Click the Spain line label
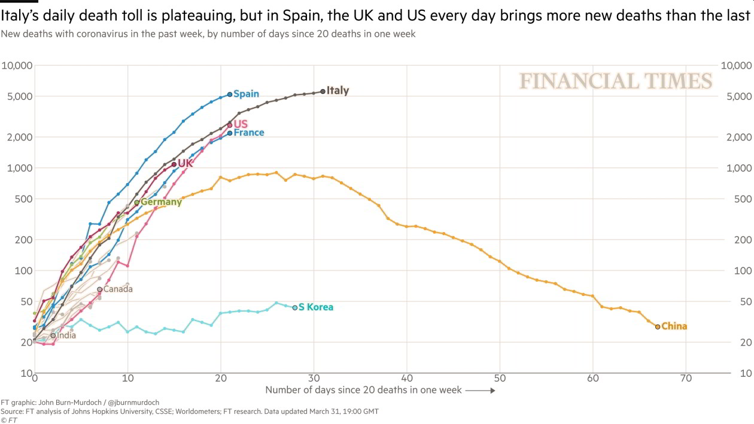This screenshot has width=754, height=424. click(x=246, y=94)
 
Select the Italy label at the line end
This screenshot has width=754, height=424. click(x=338, y=91)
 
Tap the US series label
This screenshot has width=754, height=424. click(x=241, y=124)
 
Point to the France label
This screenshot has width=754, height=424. click(x=248, y=133)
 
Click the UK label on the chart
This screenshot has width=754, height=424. click(x=186, y=163)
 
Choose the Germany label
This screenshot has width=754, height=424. click(x=161, y=202)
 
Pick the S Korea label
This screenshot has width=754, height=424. click(x=316, y=307)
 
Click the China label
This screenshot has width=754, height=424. click(x=674, y=327)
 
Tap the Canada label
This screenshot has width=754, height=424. click(x=118, y=289)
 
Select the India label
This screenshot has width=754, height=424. click(x=66, y=335)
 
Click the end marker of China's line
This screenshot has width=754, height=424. click(x=658, y=327)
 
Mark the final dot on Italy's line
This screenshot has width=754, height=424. click(x=323, y=91)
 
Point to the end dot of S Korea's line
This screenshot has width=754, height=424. click(x=294, y=307)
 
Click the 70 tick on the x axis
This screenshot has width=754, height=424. click(x=686, y=379)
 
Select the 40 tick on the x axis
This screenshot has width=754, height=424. click(x=407, y=379)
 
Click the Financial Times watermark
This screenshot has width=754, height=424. click(x=616, y=81)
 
